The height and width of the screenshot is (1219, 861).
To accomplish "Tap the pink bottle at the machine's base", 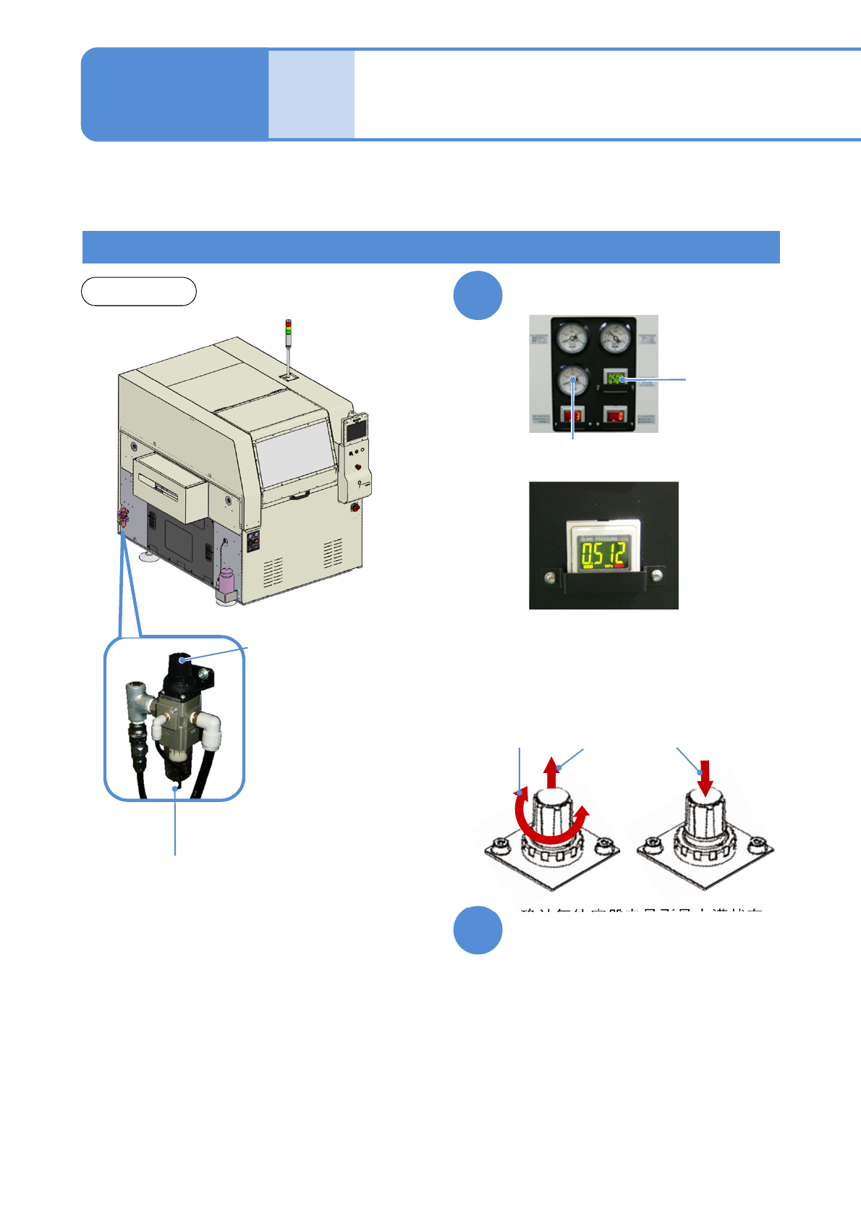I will pyautogui.click(x=226, y=579).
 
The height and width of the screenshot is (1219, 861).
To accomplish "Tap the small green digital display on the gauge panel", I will pyautogui.click(x=615, y=379).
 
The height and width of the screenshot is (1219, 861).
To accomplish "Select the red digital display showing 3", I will pyautogui.click(x=572, y=416).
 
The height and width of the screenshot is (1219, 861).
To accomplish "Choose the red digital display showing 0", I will pyautogui.click(x=616, y=416).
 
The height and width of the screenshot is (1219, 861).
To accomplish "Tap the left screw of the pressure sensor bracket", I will pyautogui.click(x=551, y=577).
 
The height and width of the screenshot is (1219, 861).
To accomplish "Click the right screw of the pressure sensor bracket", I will pyautogui.click(x=656, y=576).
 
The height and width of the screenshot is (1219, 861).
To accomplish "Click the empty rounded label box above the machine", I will pyautogui.click(x=138, y=291).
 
